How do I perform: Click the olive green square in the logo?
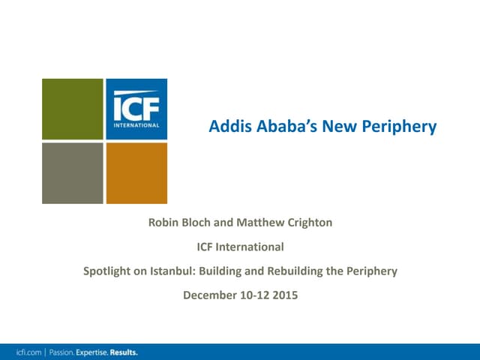pyautogui.click(x=72, y=109)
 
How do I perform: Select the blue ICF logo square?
pyautogui.click(x=136, y=109)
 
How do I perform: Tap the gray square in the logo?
pyautogui.click(x=72, y=173)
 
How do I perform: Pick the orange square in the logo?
pyautogui.click(x=136, y=173)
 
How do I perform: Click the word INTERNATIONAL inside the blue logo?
pyautogui.click(x=136, y=124)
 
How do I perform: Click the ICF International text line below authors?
pyautogui.click(x=240, y=246)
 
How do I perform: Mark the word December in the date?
pyautogui.click(x=209, y=295)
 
